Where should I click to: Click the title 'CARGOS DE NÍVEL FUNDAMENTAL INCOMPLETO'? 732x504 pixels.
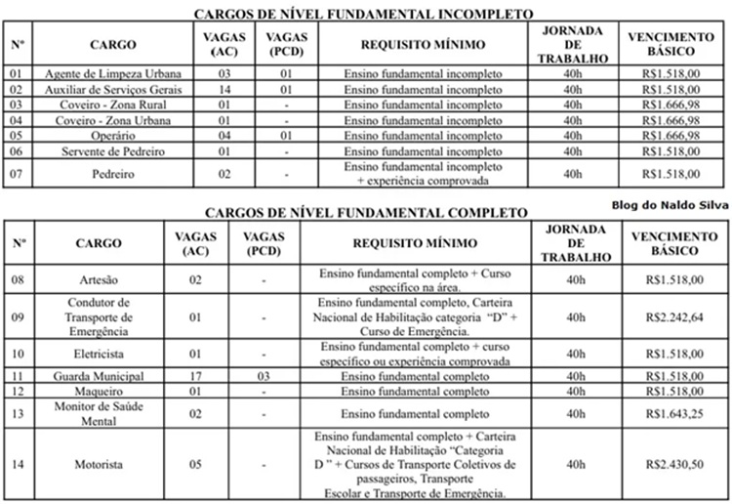click(x=364, y=15)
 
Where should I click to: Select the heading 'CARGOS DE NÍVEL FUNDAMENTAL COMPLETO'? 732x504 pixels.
click(x=364, y=212)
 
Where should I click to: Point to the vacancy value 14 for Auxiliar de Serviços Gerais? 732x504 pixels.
click(x=224, y=88)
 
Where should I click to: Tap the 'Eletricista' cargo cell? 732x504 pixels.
click(x=98, y=353)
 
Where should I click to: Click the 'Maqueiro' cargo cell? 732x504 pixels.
click(x=98, y=391)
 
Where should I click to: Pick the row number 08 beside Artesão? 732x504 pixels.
click(x=19, y=280)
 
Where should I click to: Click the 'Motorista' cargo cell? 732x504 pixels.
click(x=98, y=464)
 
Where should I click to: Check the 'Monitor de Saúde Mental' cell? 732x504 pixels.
click(x=98, y=413)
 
